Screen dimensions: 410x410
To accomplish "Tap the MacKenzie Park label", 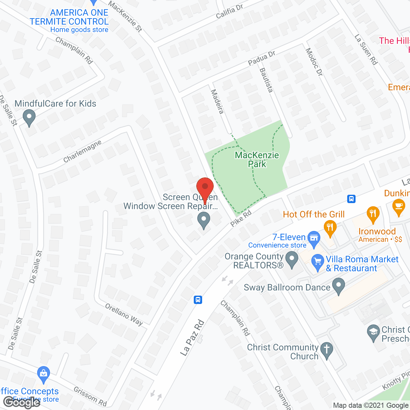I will point(257,160).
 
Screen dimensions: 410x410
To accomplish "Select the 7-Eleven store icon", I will point(314,238).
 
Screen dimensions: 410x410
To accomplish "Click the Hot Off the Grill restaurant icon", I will point(330,228).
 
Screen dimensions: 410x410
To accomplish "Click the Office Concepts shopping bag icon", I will point(43,374).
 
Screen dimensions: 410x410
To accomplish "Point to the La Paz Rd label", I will point(192,338).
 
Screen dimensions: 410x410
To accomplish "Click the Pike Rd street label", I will point(241,218).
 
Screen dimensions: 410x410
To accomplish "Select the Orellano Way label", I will point(124,315).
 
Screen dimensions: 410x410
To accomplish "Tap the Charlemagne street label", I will point(82,151).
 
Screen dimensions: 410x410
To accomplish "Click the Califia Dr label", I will point(229,12).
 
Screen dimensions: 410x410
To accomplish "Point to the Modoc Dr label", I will point(314,62).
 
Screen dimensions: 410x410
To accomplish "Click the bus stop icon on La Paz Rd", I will point(198,300).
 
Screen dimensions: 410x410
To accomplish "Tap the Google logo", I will point(21,402).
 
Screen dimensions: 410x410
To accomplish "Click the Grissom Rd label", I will point(90,397).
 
